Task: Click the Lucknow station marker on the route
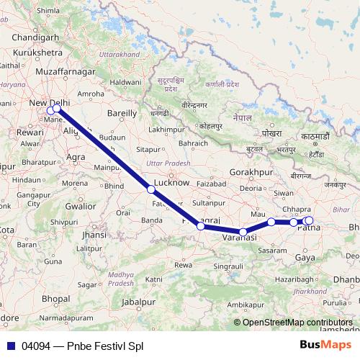coord(150,189)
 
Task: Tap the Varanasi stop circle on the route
coord(244,232)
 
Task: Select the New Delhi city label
coord(48,102)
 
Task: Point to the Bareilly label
coord(121,113)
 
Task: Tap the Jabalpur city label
coord(139,302)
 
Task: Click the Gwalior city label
coord(80,206)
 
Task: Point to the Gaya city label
coord(306,257)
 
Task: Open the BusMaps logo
coord(325,345)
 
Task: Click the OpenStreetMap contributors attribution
coord(297,323)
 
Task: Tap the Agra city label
coord(76,156)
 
